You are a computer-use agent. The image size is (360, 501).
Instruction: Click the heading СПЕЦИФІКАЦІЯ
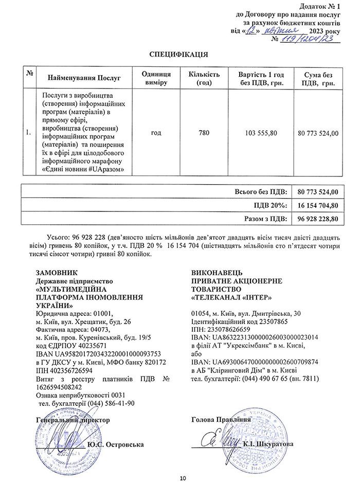click(178, 54)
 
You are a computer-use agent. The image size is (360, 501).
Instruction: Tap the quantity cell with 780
click(204, 133)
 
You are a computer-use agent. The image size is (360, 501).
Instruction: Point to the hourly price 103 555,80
click(261, 133)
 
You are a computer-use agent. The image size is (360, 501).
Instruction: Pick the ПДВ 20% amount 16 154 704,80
click(318, 205)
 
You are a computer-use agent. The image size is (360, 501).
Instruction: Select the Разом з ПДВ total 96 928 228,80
click(318, 218)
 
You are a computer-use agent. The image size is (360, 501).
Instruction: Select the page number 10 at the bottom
click(183, 479)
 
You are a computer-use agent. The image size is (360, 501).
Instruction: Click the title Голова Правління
click(220, 419)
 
